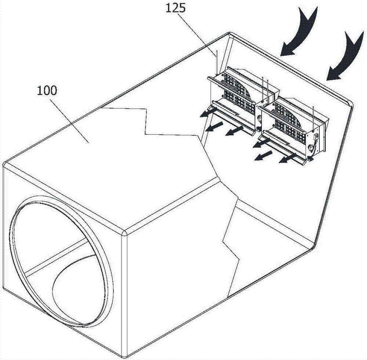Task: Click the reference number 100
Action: (x=47, y=90)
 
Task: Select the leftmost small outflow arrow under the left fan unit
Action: (x=206, y=114)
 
